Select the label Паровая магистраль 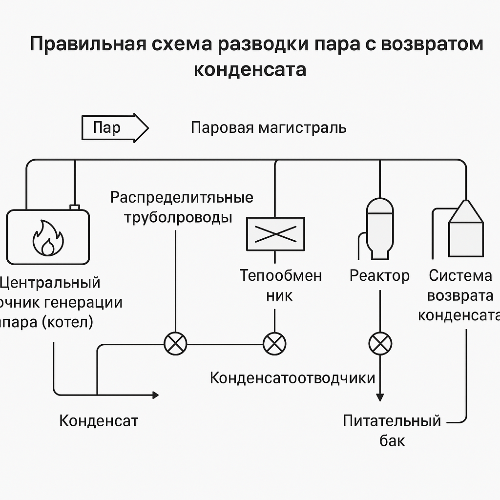coord(269,128)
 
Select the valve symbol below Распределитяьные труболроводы coord(175,344)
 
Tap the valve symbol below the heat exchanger coord(274,344)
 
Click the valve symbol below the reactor coord(379,344)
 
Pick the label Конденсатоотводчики coord(292,378)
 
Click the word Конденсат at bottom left coord(99,421)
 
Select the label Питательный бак coord(392,430)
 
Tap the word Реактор coord(379,276)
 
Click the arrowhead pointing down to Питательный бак coord(379,396)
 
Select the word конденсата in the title coord(250,69)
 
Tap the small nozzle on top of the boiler coord(75,207)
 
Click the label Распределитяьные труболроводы coord(181,207)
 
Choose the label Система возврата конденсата coord(460,296)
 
